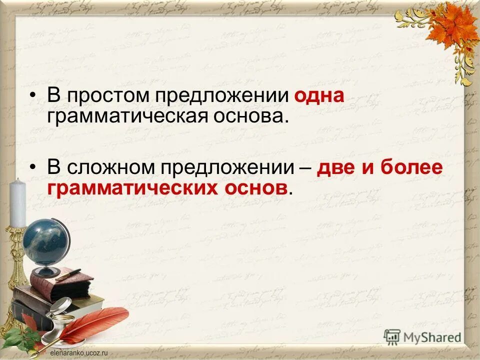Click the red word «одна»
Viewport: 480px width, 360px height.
tap(319, 95)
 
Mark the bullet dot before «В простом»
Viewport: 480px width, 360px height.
tap(33, 96)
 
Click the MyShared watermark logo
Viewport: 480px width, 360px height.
tap(423, 336)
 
